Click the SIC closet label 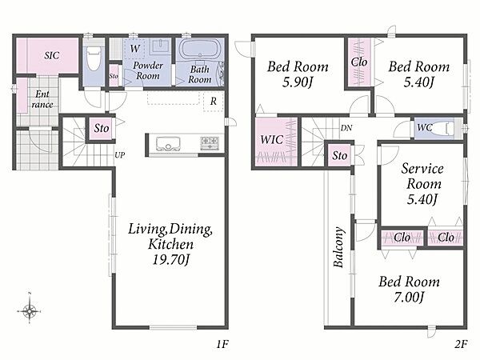click(x=52, y=55)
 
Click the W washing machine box click(x=134, y=48)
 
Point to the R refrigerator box click(x=214, y=101)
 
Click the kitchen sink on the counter click(x=167, y=143)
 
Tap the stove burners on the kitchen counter click(x=210, y=143)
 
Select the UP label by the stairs click(x=120, y=155)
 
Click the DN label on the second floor click(x=346, y=128)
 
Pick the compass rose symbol click(x=30, y=310)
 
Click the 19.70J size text click(x=171, y=260)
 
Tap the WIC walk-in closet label click(x=271, y=140)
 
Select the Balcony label click(x=338, y=247)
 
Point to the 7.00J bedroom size click(x=409, y=297)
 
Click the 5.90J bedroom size click(x=298, y=82)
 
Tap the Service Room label click(x=422, y=176)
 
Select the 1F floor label click(x=222, y=344)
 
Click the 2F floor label click(x=461, y=344)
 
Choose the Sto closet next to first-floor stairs click(x=102, y=128)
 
